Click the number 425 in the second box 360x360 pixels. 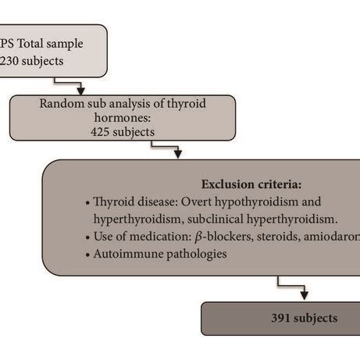click(103, 132)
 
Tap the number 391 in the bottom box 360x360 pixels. click(282, 318)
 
